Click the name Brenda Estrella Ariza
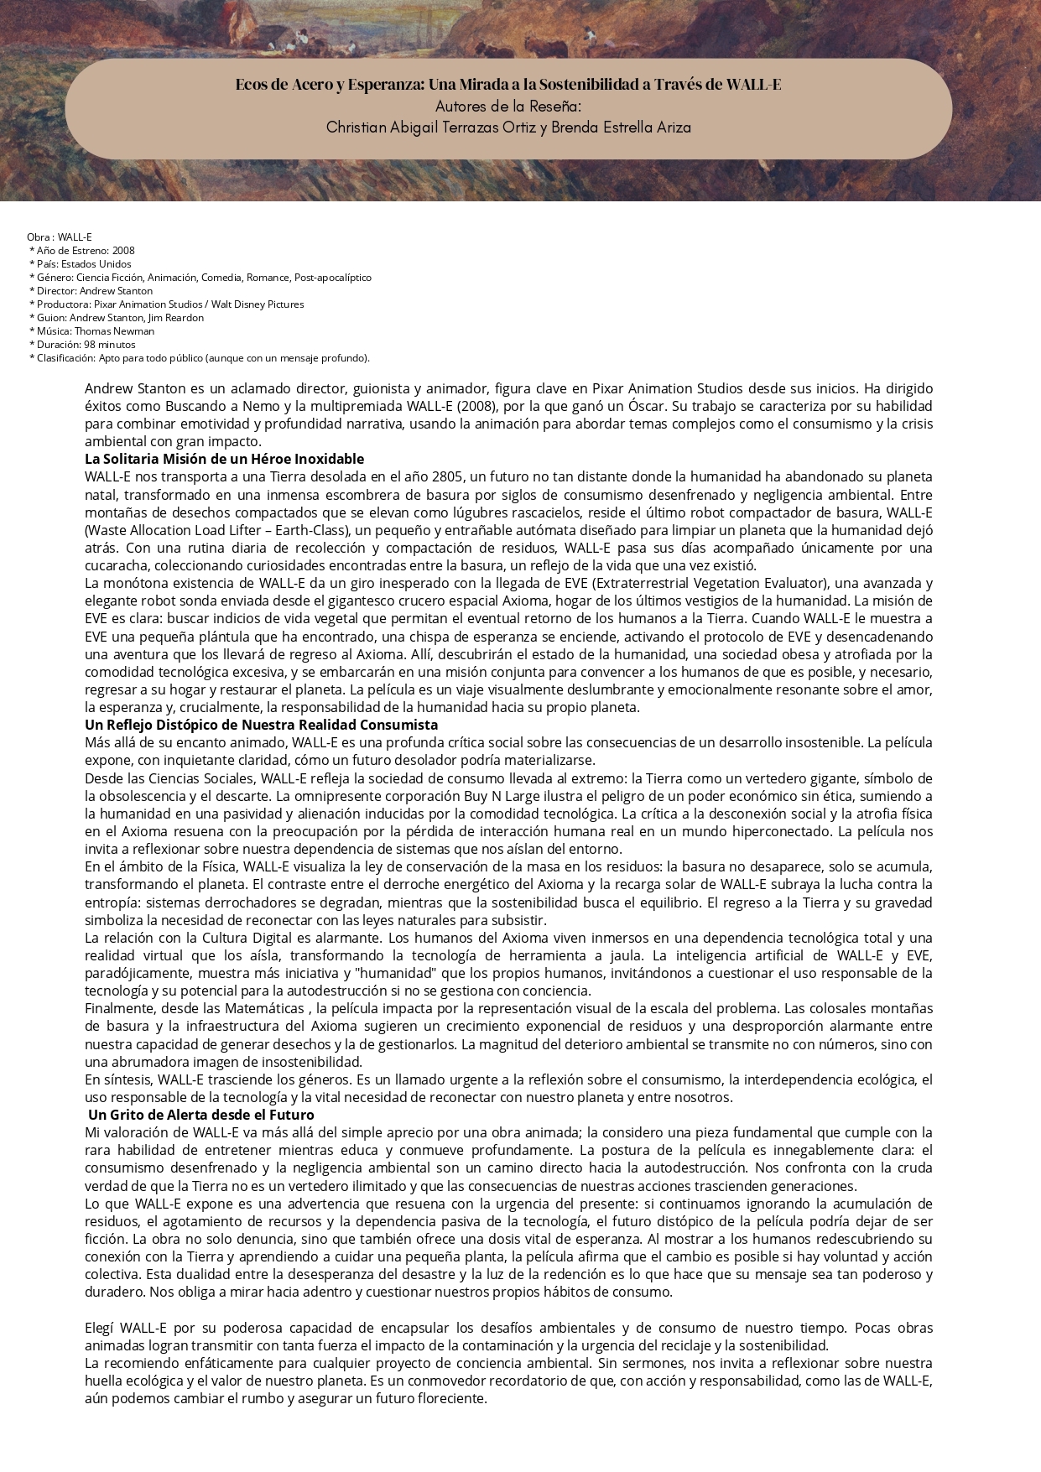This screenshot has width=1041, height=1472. (622, 127)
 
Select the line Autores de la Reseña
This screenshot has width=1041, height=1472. (507, 107)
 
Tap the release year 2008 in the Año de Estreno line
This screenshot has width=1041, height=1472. (123, 251)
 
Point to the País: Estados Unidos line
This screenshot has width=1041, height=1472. (81, 264)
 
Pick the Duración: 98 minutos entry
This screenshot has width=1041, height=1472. (82, 345)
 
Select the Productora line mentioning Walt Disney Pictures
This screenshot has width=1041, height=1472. (167, 304)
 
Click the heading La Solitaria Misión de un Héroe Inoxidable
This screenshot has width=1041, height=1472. (224, 459)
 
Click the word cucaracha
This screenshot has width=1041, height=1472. (116, 565)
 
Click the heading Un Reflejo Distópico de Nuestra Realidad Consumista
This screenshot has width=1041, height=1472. (261, 725)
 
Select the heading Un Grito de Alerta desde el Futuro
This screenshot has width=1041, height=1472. (200, 1115)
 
